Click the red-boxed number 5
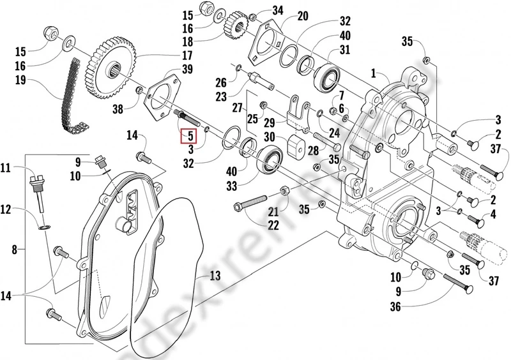pos(189,135)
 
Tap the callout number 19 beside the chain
pos(20,82)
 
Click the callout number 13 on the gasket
pos(215,276)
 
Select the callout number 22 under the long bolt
pos(256,225)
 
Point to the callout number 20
pos(303,15)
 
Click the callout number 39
pos(187,68)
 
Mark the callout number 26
pos(220,82)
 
